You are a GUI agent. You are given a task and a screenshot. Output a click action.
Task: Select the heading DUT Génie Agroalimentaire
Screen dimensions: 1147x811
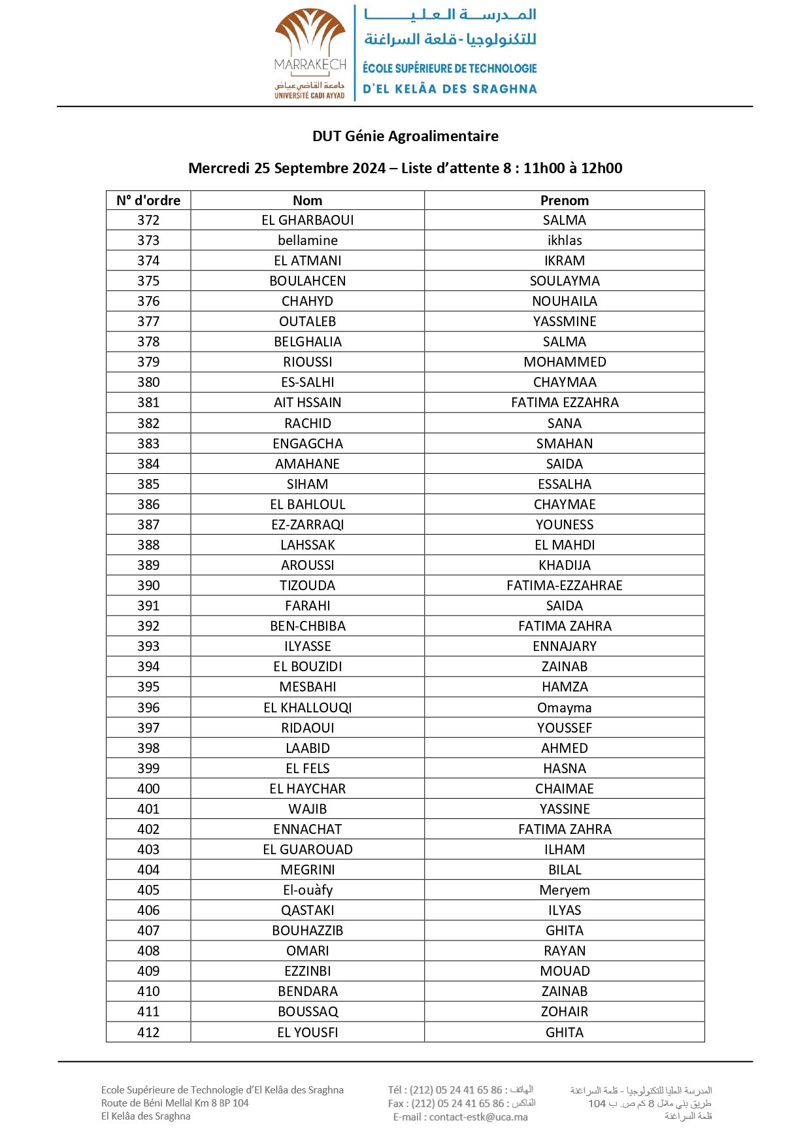405,136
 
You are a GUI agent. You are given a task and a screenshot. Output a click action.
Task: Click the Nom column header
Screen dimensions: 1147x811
307,200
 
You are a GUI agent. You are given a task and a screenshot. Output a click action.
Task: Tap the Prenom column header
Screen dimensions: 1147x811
564,200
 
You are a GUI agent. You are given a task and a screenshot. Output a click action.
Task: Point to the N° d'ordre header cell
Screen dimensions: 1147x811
148,200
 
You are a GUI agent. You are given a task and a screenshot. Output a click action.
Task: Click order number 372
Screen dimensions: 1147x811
148,220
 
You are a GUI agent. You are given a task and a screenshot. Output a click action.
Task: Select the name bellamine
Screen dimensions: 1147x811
307,241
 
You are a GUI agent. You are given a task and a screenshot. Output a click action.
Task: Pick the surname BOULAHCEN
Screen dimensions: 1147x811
307,281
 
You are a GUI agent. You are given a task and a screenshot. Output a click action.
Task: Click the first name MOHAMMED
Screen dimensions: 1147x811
564,362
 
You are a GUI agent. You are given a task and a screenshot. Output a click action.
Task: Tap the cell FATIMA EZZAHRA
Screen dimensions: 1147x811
564,403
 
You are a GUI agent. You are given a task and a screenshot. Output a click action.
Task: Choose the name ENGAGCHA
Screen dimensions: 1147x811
307,443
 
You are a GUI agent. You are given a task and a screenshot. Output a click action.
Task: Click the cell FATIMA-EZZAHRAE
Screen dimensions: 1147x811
564,586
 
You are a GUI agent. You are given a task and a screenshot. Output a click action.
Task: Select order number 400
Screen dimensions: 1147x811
148,789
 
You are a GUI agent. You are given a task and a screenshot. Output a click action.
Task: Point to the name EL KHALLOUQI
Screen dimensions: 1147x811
307,708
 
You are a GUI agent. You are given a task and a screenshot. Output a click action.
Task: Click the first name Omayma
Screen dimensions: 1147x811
564,708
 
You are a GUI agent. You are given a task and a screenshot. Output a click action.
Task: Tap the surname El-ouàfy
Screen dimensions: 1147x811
307,890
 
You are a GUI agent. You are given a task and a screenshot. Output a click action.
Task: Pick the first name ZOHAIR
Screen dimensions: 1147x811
564,1012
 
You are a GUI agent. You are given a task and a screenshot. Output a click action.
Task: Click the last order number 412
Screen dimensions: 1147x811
148,1033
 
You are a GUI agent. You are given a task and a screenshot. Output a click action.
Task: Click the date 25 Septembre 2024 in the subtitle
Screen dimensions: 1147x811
320,168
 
